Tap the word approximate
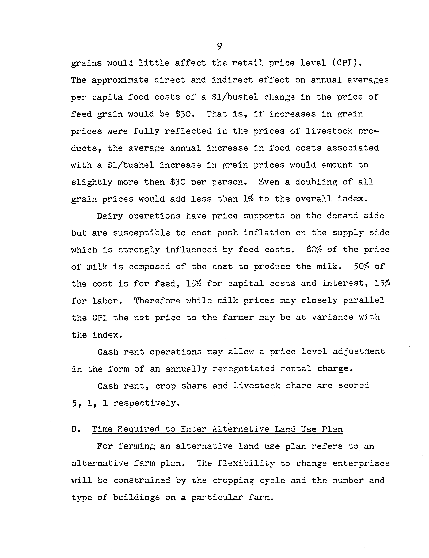[120, 80]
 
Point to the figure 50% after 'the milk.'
[361, 266]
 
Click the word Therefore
[157, 300]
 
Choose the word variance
[332, 317]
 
